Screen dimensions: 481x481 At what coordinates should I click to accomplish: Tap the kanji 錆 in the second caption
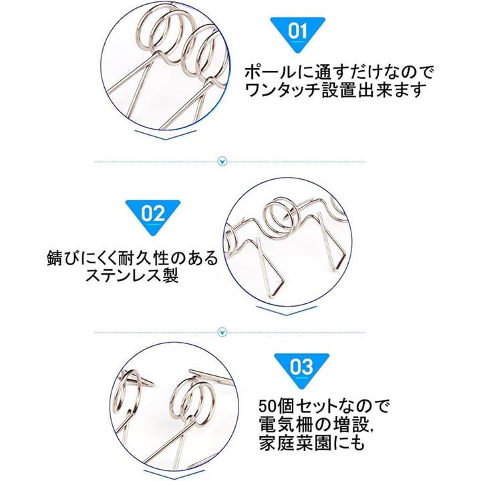point(56,259)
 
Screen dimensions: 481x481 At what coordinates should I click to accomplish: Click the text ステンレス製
point(132,275)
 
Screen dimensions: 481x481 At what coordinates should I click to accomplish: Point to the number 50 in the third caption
point(269,406)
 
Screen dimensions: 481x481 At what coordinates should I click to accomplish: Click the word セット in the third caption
point(317,406)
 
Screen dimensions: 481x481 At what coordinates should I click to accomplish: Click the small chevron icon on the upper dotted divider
point(222,162)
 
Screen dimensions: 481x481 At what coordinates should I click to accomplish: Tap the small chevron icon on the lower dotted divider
point(222,332)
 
